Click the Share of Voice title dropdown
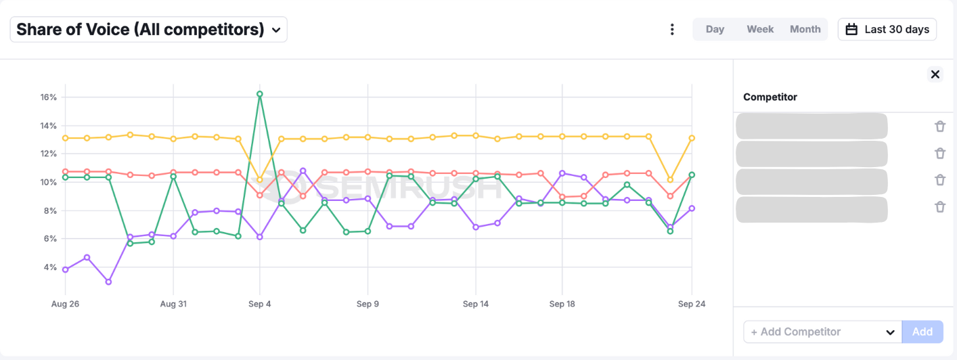pos(148,30)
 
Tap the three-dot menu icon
pos(672,30)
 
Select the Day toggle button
pos(715,30)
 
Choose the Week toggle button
pos(760,30)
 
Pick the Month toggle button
pos(805,30)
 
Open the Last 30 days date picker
pos(887,30)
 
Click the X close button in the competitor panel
pos(935,74)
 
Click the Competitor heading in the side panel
pos(770,97)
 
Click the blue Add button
pos(922,332)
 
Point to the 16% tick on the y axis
pos(48,97)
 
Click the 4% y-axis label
pos(50,267)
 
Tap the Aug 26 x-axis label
pos(65,304)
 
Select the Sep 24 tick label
pos(692,304)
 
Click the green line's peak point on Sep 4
pos(260,94)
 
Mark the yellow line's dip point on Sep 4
pos(260,180)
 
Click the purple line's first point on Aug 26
pos(65,269)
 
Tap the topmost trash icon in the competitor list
pos(939,126)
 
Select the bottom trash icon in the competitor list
pos(939,207)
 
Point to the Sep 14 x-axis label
pos(475,304)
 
